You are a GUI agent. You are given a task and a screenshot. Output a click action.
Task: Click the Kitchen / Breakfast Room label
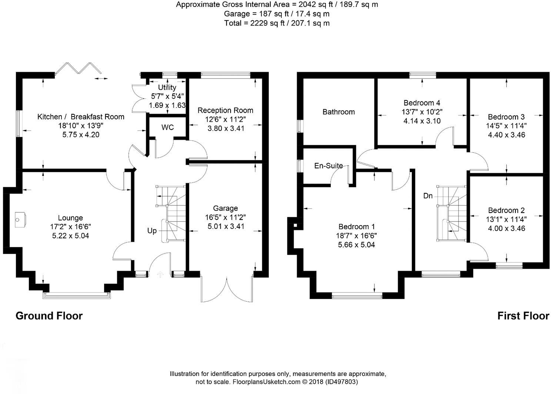pos(81,117)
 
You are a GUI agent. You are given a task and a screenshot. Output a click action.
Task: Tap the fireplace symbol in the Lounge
pos(20,220)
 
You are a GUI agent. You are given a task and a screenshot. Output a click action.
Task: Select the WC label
pos(167,127)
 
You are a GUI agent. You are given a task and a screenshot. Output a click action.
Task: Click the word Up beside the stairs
pos(152,231)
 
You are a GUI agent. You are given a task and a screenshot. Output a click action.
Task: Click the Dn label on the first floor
pos(428,196)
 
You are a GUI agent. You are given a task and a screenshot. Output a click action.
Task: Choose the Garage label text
pos(225,208)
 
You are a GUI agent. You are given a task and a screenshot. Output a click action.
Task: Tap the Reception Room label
pos(225,110)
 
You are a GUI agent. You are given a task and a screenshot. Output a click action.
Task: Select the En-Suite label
pos(328,166)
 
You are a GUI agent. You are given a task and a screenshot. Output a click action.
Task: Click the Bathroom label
pos(338,112)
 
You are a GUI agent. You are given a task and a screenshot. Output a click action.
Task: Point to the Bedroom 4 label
pos(422,103)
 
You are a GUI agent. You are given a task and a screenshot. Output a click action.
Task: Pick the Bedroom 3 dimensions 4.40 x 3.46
pos(506,135)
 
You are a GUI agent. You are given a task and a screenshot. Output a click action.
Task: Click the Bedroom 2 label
pos(506,210)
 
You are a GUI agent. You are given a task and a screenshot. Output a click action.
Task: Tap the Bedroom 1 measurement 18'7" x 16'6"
pos(356,236)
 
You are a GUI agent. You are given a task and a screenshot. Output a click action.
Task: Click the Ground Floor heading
pos(49,316)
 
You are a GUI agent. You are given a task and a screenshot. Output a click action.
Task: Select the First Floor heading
pos(523,316)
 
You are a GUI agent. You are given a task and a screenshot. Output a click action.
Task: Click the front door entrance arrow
pos(160,274)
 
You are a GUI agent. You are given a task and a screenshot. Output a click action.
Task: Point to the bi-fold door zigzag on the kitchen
pos(78,69)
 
